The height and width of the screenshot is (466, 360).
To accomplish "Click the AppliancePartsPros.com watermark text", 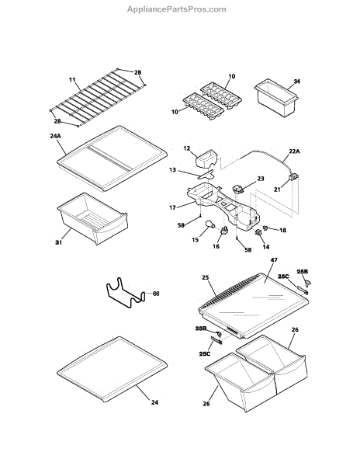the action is click(177, 9).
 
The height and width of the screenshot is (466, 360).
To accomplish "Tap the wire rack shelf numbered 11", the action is click(97, 98).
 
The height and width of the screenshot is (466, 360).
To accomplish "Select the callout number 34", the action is click(296, 81).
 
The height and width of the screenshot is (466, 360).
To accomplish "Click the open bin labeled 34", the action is click(275, 98).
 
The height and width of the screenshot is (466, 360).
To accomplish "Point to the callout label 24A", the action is click(55, 136).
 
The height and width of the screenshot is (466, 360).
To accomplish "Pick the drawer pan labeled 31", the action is click(92, 218).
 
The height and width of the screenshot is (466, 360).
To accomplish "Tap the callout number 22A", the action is click(294, 151).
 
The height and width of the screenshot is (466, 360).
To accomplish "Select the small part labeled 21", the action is click(293, 177).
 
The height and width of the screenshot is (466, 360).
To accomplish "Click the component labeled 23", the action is click(238, 189).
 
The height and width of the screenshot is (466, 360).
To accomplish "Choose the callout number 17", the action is click(172, 207).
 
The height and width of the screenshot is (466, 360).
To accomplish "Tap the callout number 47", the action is click(274, 260).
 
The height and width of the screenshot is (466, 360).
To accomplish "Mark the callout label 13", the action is click(172, 170).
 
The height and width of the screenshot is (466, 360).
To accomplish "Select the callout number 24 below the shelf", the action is click(154, 402).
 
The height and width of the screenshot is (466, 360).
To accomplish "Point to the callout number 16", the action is click(216, 246).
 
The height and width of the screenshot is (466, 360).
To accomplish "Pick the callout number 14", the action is click(266, 247).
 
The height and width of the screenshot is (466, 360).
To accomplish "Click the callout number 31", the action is click(58, 242).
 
